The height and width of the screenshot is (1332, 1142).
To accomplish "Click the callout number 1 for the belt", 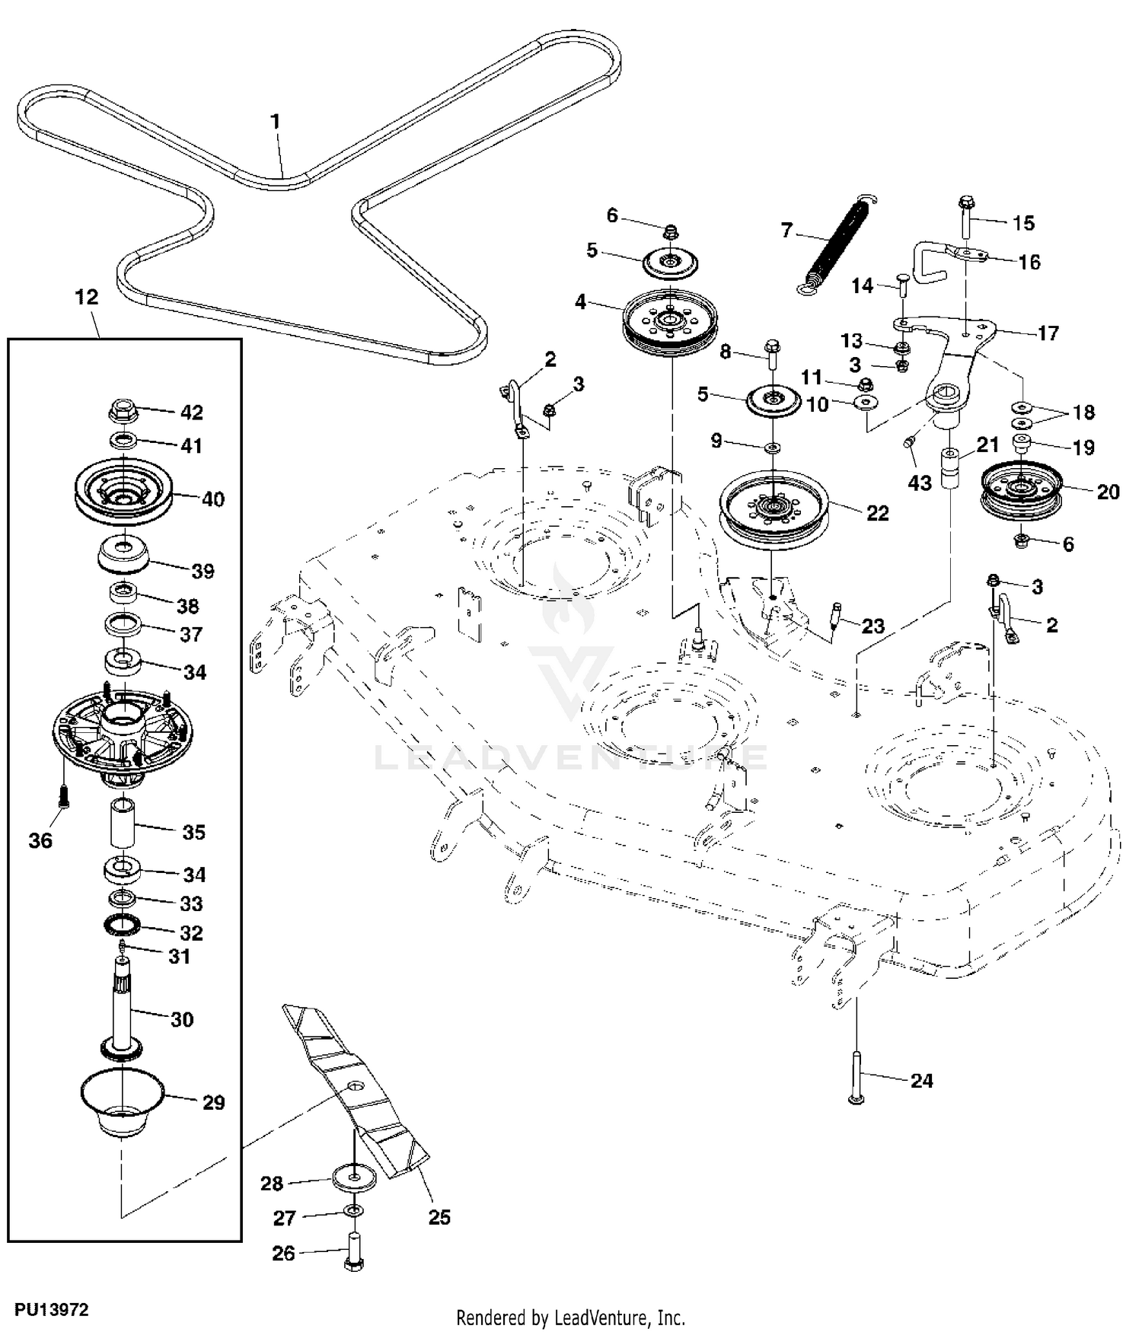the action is [x=276, y=122].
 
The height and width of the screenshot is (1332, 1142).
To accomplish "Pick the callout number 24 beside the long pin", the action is [x=922, y=1081].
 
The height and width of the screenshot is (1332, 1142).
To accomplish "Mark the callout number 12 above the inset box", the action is [x=87, y=297].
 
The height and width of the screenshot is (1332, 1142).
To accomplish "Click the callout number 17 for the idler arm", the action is [x=1048, y=333].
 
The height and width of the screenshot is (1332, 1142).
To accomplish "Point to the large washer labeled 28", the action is [x=354, y=1177].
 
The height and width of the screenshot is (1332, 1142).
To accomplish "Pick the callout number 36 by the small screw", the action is [x=40, y=840].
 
